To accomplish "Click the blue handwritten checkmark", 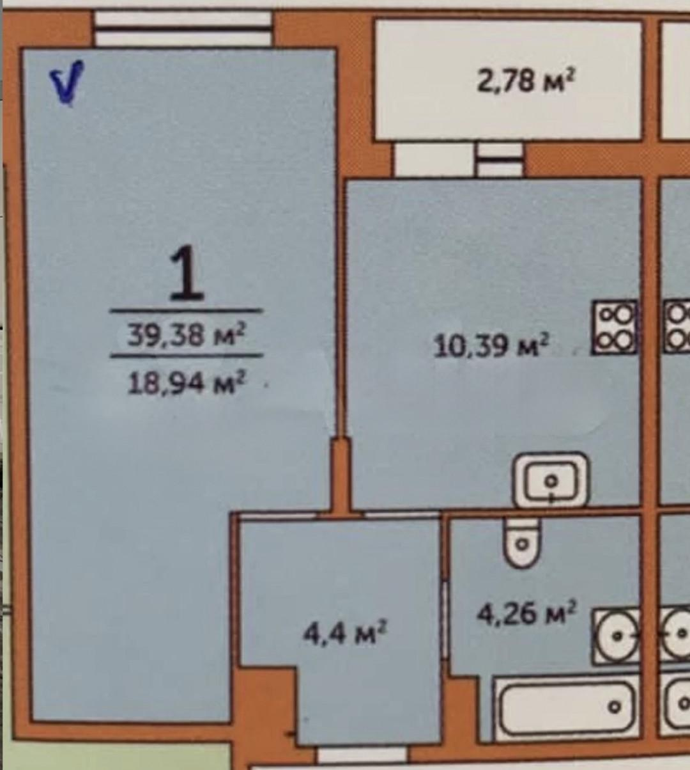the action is pos(67,83).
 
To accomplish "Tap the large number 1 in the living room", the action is pos(186,272).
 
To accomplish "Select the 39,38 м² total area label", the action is pos(186,334).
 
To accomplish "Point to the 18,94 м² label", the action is pos(186,382).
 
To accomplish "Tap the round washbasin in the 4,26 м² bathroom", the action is pos(616,636).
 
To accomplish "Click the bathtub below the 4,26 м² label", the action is pos(566,710).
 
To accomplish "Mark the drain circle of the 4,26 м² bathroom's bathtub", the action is pos(615,707).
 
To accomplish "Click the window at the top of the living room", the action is pos(183,29).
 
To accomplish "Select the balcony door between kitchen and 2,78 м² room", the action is pos(500,160).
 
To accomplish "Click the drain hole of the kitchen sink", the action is pos(550,481).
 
